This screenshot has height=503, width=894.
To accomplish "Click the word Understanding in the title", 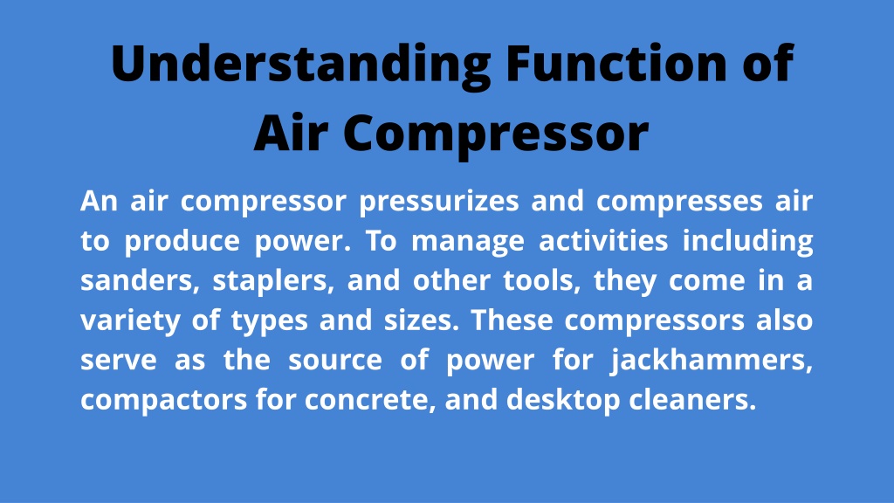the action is [300, 65].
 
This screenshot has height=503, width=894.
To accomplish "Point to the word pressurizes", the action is [439, 202].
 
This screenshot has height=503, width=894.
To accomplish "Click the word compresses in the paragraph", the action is [679, 202].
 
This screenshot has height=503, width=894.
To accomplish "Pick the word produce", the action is [182, 242].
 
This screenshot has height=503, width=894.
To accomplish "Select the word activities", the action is [603, 240].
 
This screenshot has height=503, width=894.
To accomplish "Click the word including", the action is [747, 242].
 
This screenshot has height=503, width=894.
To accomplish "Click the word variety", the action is [130, 321].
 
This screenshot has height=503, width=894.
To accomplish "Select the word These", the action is [512, 320].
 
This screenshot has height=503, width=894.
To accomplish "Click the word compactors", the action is [163, 400].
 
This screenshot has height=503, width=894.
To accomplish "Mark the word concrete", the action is [370, 401].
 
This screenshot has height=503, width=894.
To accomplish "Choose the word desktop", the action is [563, 400].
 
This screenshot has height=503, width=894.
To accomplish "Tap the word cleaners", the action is [692, 399].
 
